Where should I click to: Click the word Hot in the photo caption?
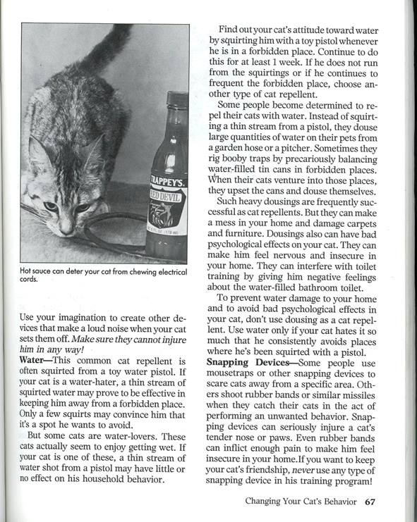(28, 279)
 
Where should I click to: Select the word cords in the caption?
(30, 287)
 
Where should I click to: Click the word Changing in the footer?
(265, 502)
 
